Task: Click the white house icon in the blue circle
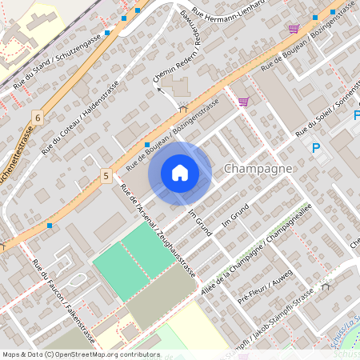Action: click(180, 173)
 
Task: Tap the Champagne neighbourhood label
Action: click(258, 170)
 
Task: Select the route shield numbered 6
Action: click(37, 117)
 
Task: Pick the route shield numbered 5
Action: click(106, 174)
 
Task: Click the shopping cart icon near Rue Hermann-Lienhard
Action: click(294, 29)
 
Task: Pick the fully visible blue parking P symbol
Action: click(316, 148)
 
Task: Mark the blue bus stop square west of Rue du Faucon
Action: click(50, 226)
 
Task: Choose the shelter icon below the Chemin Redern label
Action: click(183, 107)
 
